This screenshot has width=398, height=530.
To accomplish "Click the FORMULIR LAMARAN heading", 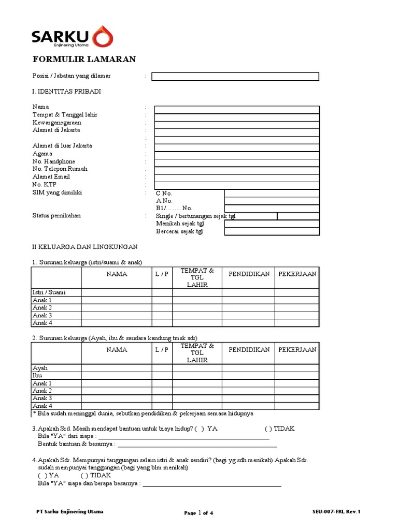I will [84, 60].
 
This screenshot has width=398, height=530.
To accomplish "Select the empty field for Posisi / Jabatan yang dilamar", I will [235, 77].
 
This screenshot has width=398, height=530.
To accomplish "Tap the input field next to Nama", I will [237, 109].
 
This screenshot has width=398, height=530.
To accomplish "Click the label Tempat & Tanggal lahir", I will [65, 114].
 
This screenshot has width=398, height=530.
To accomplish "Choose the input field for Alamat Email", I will [237, 178].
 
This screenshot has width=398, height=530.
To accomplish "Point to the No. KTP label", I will [45, 185].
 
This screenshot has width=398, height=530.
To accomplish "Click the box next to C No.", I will [272, 193].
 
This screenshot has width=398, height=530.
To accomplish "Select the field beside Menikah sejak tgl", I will [272, 224].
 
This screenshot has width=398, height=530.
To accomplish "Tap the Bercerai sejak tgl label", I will [179, 231].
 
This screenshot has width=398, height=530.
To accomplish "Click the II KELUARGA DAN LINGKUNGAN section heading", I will [84, 247].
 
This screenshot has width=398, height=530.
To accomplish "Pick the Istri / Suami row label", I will [49, 292].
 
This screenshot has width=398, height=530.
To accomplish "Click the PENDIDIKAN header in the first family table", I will [249, 274].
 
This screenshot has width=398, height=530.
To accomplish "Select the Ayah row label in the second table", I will [40, 368].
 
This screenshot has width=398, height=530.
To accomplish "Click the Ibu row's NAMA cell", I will [117, 376].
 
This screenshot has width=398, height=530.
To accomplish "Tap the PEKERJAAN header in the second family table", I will [297, 350].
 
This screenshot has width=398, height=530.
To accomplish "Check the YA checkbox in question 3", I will [200, 429].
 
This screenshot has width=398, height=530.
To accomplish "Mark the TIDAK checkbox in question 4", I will [84, 475].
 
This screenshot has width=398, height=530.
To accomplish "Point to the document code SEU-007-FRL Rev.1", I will [336, 512].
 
